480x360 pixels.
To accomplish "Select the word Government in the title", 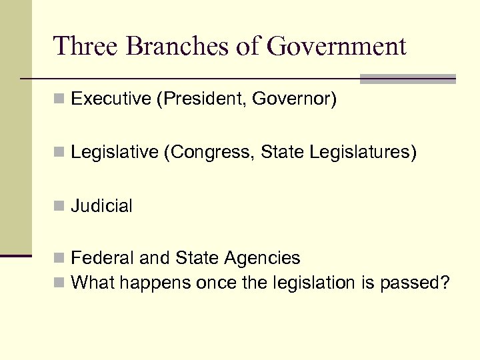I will (x=337, y=47).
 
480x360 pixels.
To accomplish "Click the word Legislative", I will (x=114, y=153).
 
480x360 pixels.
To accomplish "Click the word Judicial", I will (x=102, y=206).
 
